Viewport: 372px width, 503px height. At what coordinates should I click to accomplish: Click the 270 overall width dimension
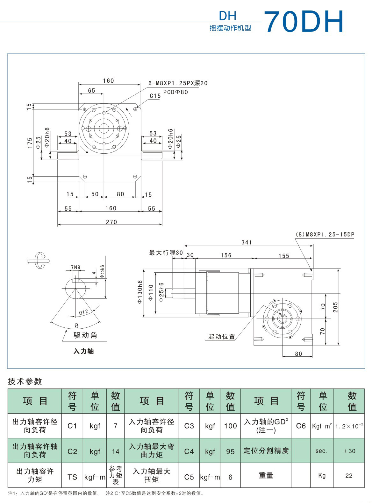[x=111, y=222]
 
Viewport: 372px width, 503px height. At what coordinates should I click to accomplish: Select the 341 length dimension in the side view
[x=247, y=242]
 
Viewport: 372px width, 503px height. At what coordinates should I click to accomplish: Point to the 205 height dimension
[x=335, y=307]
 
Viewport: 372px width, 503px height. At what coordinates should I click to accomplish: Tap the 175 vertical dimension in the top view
[x=30, y=143]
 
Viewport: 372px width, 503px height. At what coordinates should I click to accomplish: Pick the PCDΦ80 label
[x=175, y=92]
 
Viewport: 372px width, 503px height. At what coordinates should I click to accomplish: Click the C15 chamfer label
[x=155, y=96]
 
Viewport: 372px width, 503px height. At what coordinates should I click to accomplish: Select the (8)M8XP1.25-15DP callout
[x=325, y=234]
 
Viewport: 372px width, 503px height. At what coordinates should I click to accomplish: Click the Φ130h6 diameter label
[x=139, y=292]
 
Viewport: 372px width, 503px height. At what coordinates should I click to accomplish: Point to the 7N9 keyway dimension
[x=75, y=267]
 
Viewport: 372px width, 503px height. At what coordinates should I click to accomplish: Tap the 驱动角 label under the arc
[x=85, y=335]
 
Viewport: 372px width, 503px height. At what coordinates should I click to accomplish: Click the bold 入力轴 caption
[x=83, y=351]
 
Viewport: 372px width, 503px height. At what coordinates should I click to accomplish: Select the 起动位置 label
[x=221, y=337]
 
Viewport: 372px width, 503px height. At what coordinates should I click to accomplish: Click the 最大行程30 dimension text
[x=166, y=253]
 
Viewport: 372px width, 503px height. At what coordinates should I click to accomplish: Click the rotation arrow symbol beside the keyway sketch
[x=39, y=260]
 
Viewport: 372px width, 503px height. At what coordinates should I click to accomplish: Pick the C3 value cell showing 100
[x=230, y=426]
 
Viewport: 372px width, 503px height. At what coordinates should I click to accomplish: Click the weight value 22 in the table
[x=349, y=476]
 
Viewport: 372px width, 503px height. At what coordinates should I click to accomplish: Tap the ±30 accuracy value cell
[x=349, y=451]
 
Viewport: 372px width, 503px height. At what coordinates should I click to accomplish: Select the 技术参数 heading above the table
[x=25, y=381]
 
